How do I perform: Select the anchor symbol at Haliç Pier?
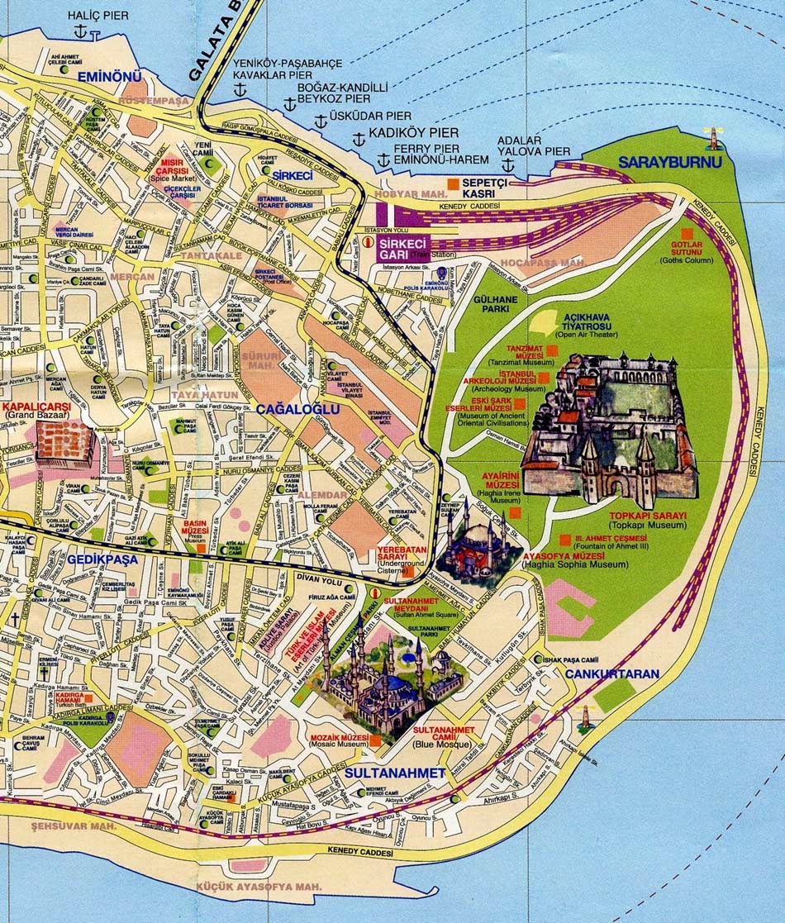pos(80,32)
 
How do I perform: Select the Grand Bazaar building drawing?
pos(64,441)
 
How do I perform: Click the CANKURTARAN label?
pos(612,673)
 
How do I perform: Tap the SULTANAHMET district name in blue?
pos(395,773)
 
